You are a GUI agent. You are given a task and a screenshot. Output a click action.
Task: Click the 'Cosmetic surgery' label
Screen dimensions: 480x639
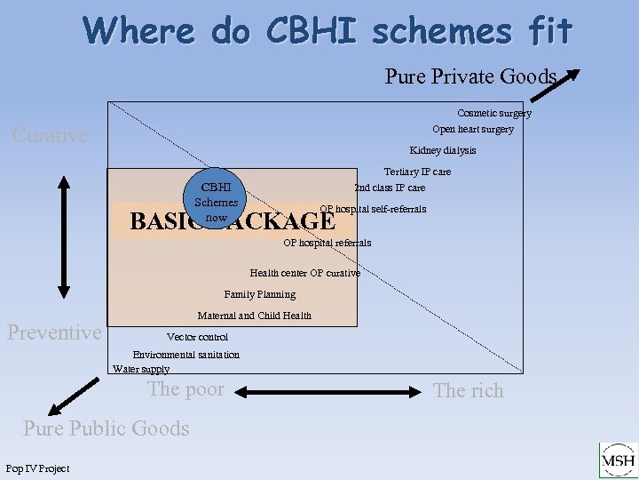493,113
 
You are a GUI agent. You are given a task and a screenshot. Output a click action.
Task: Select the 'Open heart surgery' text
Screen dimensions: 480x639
472,129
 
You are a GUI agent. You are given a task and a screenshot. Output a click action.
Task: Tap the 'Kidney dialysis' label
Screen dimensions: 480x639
442,150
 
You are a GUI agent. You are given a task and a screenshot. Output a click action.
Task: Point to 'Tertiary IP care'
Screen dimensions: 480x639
417,172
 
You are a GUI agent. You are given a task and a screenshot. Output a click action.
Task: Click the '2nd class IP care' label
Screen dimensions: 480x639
390,188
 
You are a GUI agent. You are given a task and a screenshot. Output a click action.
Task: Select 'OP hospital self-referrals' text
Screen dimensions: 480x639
373,209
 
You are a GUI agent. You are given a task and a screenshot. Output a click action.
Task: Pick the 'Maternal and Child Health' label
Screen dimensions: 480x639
254,316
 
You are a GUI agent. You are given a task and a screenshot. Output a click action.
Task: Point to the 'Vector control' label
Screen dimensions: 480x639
197,337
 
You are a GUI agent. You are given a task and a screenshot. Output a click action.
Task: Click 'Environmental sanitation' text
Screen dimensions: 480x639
185,355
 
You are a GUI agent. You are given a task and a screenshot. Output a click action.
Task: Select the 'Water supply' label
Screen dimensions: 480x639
140,369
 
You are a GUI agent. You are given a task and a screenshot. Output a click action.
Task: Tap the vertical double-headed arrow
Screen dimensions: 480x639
64,235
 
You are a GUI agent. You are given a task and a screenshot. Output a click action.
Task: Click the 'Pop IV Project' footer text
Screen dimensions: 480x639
37,468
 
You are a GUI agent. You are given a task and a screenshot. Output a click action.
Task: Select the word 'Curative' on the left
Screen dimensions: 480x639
50,135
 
